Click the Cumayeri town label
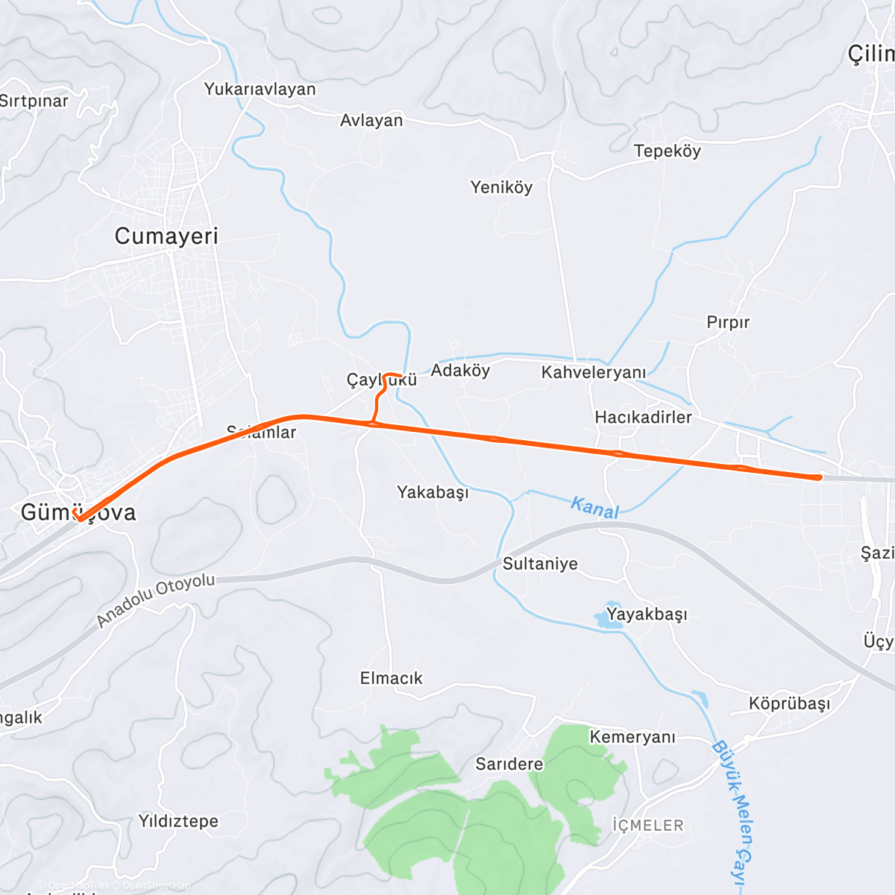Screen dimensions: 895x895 pyautogui.click(x=166, y=236)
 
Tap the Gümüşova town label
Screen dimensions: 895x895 pyautogui.click(x=78, y=512)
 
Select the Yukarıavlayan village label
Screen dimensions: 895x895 pyautogui.click(x=260, y=89)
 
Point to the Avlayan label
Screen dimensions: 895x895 pyautogui.click(x=371, y=120)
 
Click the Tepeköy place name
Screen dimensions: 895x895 pyautogui.click(x=667, y=151)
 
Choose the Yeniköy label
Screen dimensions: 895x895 pyautogui.click(x=501, y=187)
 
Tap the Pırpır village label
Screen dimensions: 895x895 pyautogui.click(x=728, y=322)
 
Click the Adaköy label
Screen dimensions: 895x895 pyautogui.click(x=460, y=371)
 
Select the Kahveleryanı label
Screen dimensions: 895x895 pyautogui.click(x=594, y=372)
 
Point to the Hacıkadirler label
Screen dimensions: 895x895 pyautogui.click(x=643, y=417)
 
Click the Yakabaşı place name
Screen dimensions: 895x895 pyautogui.click(x=433, y=492)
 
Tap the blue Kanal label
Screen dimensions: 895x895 pyautogui.click(x=594, y=507)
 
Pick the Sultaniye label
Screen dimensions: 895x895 pyautogui.click(x=540, y=564)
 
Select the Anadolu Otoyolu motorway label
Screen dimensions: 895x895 pyautogui.click(x=156, y=600)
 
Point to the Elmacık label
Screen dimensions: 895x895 pyautogui.click(x=391, y=678)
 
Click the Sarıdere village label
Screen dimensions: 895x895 pyautogui.click(x=509, y=764)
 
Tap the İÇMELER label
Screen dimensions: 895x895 pyautogui.click(x=647, y=826)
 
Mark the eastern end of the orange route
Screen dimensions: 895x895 pyautogui.click(x=819, y=477)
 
